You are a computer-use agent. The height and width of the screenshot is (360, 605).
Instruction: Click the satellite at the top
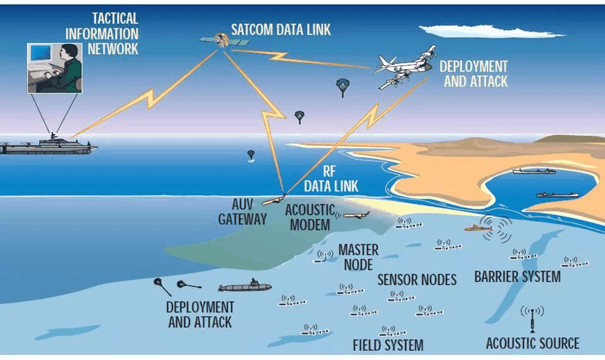(x=221, y=40)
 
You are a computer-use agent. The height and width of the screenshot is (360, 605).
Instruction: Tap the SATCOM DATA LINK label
(x=280, y=30)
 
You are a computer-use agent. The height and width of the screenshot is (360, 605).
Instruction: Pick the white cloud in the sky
(x=491, y=30)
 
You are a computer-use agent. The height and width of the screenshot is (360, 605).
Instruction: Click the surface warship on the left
(x=47, y=145)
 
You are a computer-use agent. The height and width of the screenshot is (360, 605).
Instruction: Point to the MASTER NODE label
(x=358, y=257)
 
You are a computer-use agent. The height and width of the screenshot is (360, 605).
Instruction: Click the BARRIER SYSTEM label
(x=517, y=277)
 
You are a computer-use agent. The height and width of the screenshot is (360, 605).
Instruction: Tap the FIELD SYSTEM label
(x=388, y=345)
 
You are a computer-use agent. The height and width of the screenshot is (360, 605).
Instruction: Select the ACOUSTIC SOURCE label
(x=532, y=344)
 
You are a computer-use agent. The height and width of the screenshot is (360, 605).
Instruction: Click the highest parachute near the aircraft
(x=342, y=86)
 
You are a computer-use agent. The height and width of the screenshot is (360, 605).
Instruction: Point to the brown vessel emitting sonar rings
(x=478, y=228)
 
